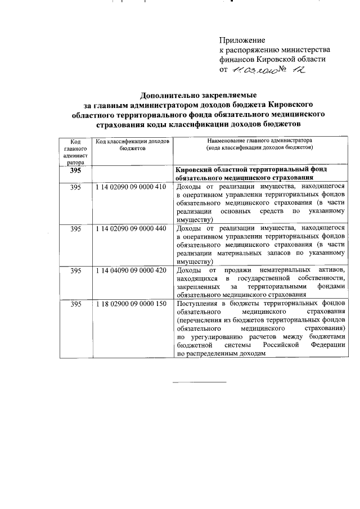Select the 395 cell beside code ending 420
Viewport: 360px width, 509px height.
point(75,271)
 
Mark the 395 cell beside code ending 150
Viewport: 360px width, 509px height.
point(75,304)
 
